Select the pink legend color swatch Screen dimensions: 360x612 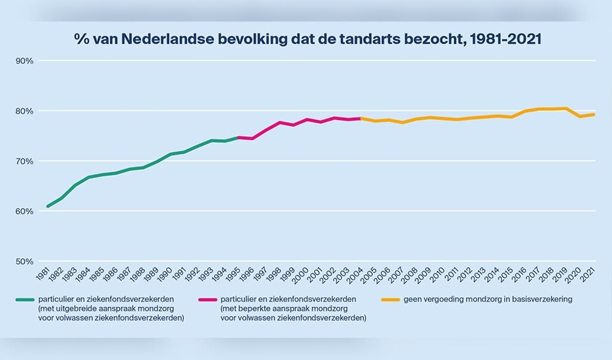click(x=206, y=299)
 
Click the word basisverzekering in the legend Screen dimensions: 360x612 click(x=544, y=299)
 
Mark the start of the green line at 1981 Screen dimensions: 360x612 click(x=48, y=206)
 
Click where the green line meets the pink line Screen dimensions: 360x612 click(x=238, y=138)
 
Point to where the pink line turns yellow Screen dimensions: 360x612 click(x=361, y=118)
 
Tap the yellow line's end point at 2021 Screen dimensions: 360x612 click(x=593, y=114)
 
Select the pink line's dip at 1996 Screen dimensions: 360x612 click(x=252, y=139)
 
